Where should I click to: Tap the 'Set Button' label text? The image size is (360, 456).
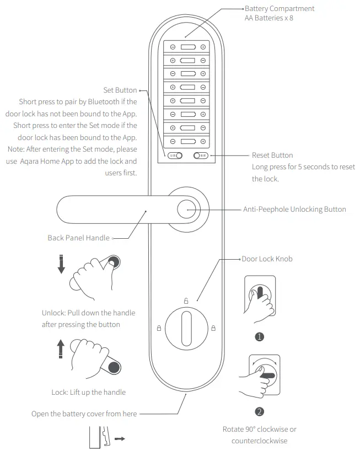pyautogui.click(x=120, y=90)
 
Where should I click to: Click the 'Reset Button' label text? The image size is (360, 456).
pyautogui.click(x=272, y=155)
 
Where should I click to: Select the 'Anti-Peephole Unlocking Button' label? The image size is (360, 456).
pyautogui.click(x=294, y=210)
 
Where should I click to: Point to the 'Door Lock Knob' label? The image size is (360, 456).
pyautogui.click(x=267, y=259)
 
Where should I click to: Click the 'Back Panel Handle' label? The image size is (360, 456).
pyautogui.click(x=79, y=238)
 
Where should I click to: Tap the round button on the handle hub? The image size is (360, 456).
pyautogui.click(x=186, y=211)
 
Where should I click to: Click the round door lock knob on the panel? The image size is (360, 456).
pyautogui.click(x=186, y=328)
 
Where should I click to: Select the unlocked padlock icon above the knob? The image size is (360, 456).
pyautogui.click(x=186, y=301)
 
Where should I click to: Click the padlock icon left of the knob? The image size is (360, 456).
pyautogui.click(x=159, y=328)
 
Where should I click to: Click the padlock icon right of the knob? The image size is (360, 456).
pyautogui.click(x=213, y=328)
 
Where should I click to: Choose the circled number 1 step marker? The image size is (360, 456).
pyautogui.click(x=259, y=336)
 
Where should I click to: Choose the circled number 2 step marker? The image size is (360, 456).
pyautogui.click(x=259, y=411)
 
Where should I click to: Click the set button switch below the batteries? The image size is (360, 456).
pyautogui.click(x=175, y=156)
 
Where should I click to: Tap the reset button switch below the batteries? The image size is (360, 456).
pyautogui.click(x=201, y=156)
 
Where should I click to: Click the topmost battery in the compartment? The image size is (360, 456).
pyautogui.click(x=187, y=47)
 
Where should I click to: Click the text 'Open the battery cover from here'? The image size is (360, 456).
pyautogui.click(x=84, y=414)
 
